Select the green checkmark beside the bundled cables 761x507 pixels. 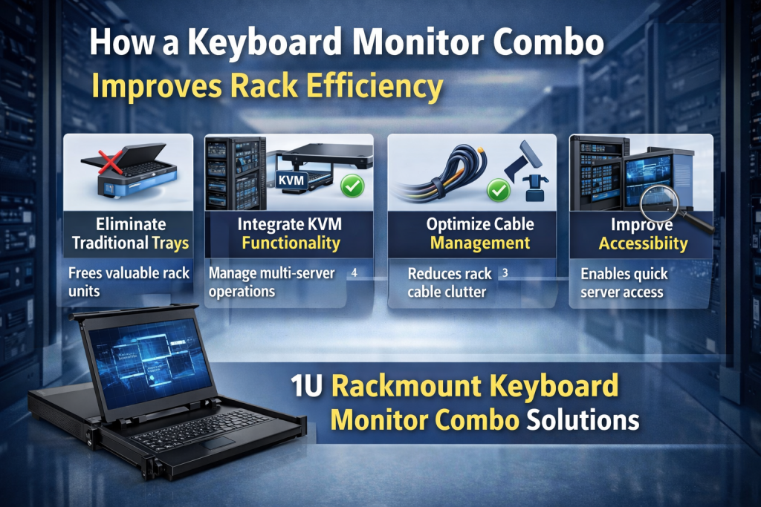(497, 192)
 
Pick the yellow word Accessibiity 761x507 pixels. (644, 243)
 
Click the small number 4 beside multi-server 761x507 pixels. (354, 272)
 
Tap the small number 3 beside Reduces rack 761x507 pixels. (505, 272)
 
